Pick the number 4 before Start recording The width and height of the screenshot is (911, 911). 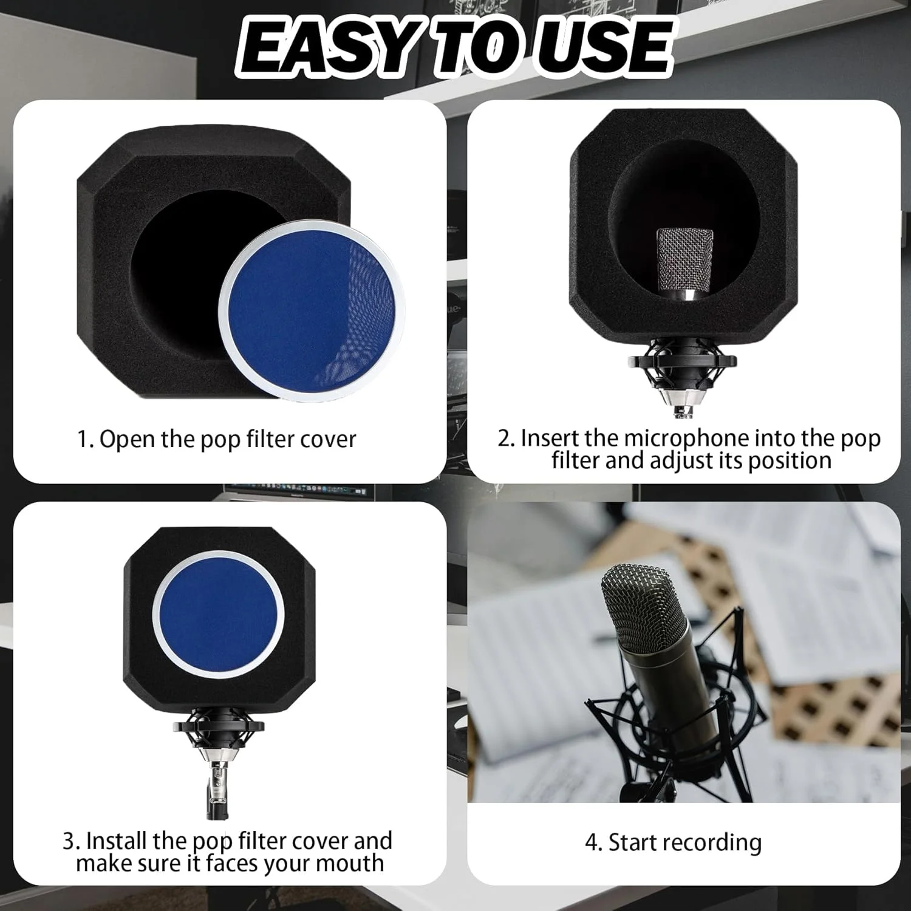coord(592,843)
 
